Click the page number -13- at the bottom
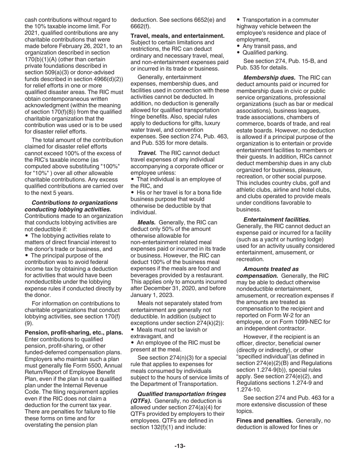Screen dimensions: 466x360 [180, 446]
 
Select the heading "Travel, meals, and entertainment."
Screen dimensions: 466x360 [177, 36]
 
